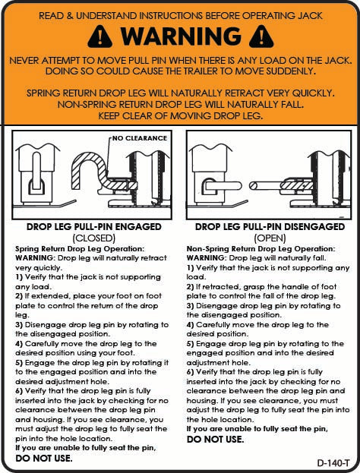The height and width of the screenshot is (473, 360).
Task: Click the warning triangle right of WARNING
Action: coord(260,35)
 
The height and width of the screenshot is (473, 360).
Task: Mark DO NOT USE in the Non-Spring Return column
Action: coord(215,439)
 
